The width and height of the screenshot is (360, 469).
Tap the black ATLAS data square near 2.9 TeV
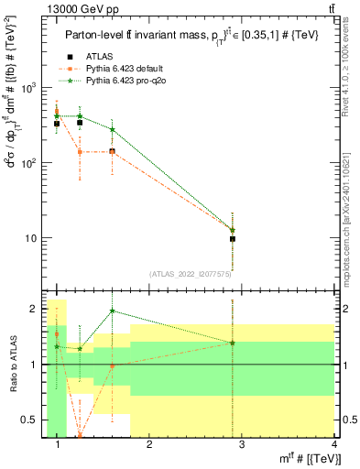click(x=233, y=239)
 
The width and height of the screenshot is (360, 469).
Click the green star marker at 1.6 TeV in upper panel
click(x=112, y=130)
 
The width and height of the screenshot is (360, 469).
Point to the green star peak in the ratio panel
click(x=112, y=311)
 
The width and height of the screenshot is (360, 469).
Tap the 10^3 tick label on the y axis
click(x=27, y=88)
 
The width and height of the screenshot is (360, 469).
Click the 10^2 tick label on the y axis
click(x=27, y=163)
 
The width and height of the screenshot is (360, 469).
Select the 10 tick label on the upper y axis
click(x=30, y=238)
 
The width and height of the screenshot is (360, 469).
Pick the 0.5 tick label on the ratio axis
click(x=29, y=420)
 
